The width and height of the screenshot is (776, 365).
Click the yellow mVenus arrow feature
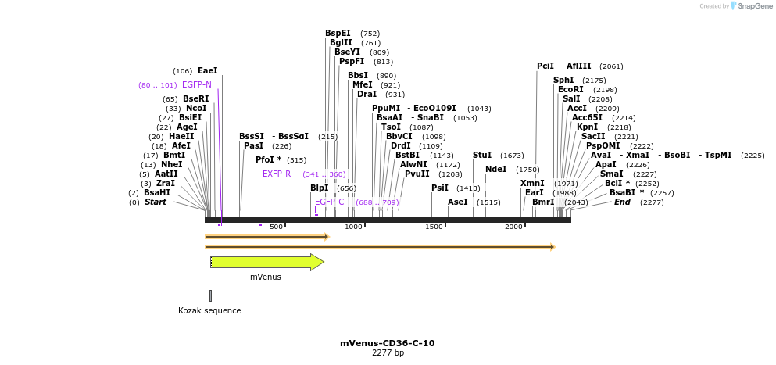click(266, 262)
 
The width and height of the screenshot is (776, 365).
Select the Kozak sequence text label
click(209, 310)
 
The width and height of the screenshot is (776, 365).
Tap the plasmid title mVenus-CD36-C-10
click(387, 343)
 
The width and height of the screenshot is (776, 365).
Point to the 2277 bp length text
click(388, 353)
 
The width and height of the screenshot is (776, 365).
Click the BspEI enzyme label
click(338, 34)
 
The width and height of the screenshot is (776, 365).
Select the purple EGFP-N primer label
click(196, 84)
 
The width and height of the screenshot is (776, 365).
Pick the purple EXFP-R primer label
click(277, 174)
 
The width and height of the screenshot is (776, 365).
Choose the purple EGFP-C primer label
click(329, 202)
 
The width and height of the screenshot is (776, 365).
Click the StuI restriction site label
click(482, 156)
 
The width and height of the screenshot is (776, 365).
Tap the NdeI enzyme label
click(495, 169)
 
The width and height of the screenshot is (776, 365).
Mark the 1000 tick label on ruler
click(354, 227)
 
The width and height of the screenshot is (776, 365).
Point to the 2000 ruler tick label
click(513, 227)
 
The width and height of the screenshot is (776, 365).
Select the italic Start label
click(155, 202)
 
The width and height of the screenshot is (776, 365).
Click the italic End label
click(622, 202)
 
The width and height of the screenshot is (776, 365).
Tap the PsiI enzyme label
click(440, 188)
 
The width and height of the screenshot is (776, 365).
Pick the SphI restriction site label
click(563, 80)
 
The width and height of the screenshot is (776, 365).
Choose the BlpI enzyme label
click(319, 188)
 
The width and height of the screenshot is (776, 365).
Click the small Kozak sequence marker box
click(210, 295)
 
